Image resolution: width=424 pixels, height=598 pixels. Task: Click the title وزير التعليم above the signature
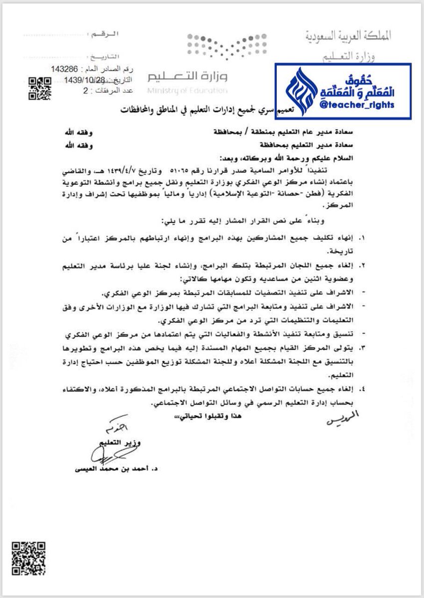117,442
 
